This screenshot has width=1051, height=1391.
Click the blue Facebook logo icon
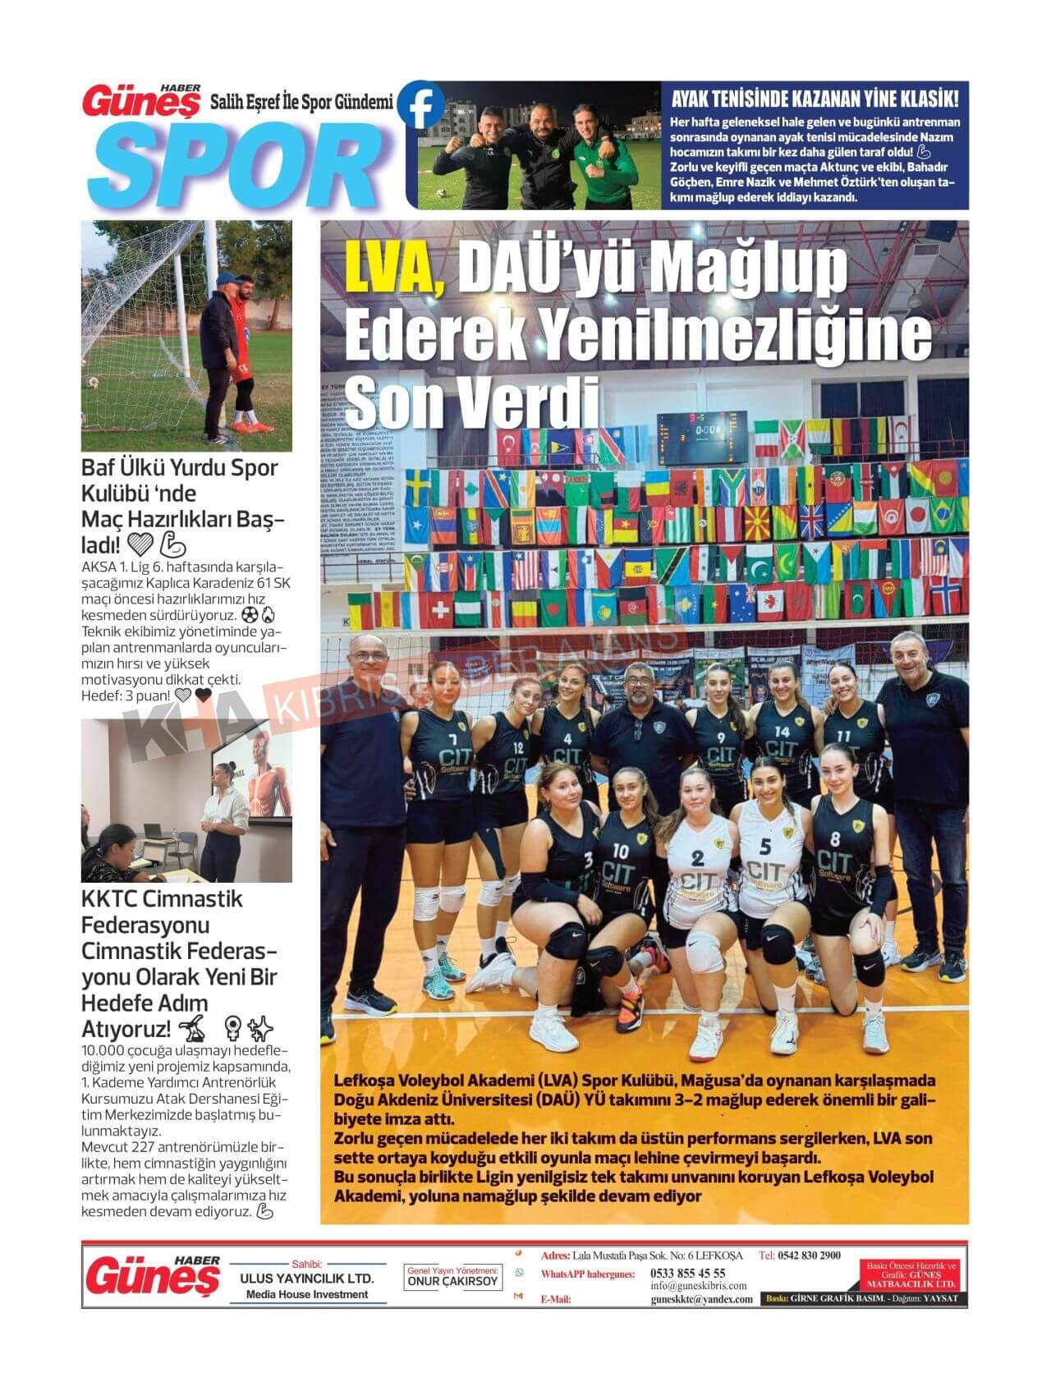click(x=420, y=105)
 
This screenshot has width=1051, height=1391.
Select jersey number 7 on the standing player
click(x=430, y=716)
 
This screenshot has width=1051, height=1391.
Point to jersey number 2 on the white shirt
click(x=698, y=859)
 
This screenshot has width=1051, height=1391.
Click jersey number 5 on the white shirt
click(x=765, y=846)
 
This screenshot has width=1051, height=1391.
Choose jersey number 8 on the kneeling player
click(x=835, y=839)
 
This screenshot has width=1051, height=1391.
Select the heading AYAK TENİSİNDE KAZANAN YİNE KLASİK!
click(x=815, y=100)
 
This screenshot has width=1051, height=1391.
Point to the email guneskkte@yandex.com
click(x=701, y=1299)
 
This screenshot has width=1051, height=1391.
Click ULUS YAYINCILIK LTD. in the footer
click(x=307, y=1279)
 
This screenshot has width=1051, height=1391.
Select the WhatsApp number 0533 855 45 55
click(x=687, y=1273)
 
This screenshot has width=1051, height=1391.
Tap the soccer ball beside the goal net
click(x=94, y=382)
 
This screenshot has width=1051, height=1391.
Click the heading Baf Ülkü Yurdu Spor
click(x=180, y=468)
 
